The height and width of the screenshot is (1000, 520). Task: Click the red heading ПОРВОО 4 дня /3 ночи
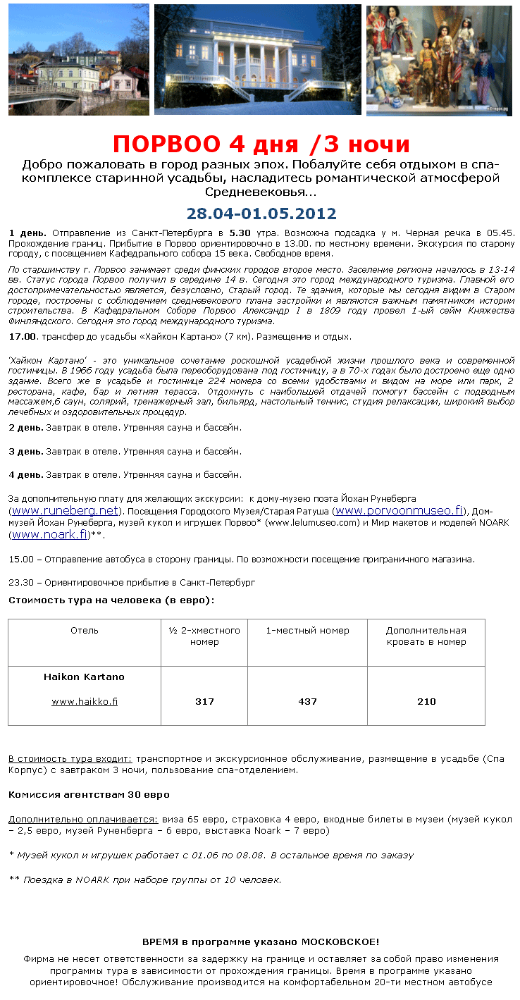click(x=261, y=144)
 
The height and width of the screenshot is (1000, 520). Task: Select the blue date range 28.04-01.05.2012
click(x=261, y=214)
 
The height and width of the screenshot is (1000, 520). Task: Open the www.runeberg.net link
click(x=65, y=510)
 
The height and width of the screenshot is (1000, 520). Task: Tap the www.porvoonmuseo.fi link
click(x=398, y=510)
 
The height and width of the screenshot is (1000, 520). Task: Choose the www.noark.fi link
click(x=49, y=534)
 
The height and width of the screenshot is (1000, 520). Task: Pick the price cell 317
click(x=204, y=701)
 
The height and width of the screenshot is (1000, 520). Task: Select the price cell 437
click(x=307, y=701)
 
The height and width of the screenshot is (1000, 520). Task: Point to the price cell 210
click(x=426, y=701)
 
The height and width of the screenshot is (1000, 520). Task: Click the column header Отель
click(x=85, y=631)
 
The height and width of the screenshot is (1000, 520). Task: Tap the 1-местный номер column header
click(x=307, y=631)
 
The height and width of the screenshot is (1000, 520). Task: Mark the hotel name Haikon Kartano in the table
click(x=85, y=677)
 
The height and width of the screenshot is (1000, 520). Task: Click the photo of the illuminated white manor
click(x=257, y=59)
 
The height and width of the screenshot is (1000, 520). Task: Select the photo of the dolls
click(x=438, y=59)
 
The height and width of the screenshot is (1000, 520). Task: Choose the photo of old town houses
click(x=79, y=59)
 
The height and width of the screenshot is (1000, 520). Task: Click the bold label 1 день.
click(x=27, y=233)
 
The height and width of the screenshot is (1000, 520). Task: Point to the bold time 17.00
click(x=22, y=337)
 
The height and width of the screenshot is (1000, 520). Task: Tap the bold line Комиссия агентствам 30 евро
click(x=89, y=794)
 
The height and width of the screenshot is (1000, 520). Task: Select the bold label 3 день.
click(x=26, y=451)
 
